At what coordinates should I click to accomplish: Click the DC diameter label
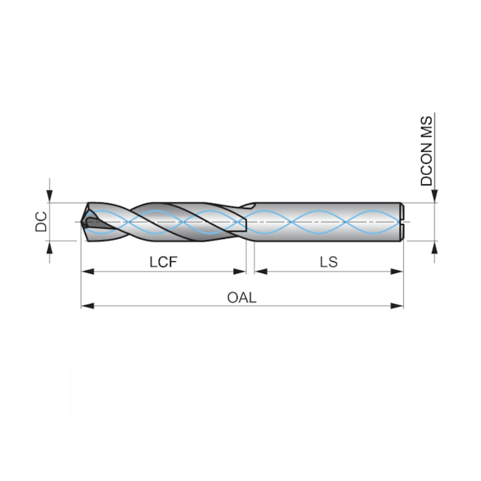pos(41,221)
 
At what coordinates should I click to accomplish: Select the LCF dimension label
pos(164,262)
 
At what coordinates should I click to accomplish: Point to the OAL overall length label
pos(241,297)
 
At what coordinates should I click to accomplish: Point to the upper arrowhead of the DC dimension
pos(50,195)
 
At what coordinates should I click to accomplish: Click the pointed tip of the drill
pos(80,221)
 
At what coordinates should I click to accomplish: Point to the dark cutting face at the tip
pos(92,222)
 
